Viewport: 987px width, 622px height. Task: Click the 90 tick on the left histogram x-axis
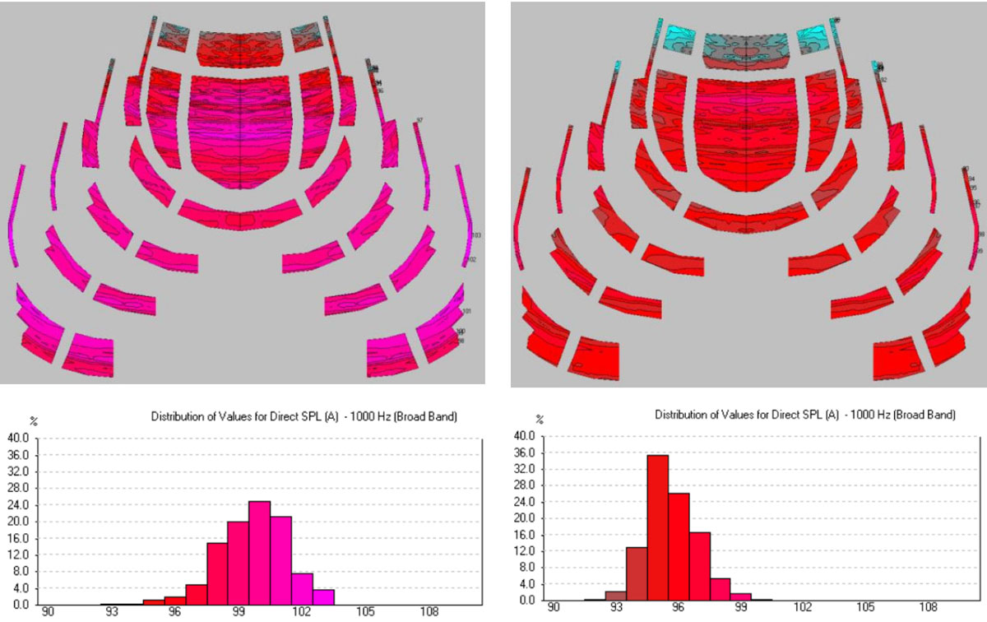[x=49, y=613]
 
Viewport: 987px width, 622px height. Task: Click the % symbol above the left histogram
[x=34, y=420]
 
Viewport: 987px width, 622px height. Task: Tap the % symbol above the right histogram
[x=540, y=419]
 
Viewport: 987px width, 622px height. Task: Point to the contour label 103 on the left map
[x=475, y=236]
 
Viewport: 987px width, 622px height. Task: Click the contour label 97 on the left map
[x=419, y=121]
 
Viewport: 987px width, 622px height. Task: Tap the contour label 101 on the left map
[x=466, y=312]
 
